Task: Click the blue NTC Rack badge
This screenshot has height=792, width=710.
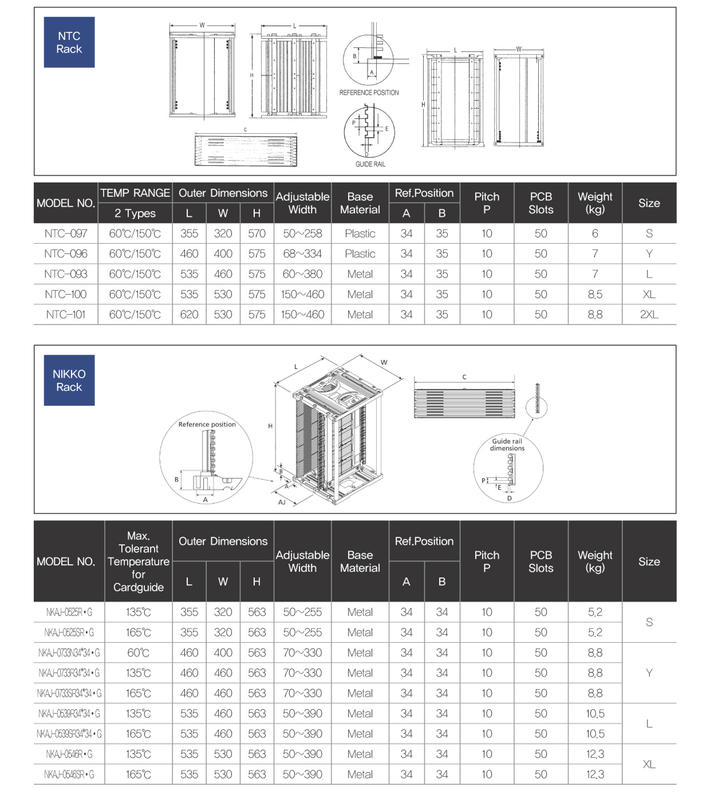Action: coord(69,42)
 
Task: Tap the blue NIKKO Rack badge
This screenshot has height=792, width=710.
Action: coord(69,380)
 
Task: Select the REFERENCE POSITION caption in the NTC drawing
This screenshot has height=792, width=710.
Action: coord(369,92)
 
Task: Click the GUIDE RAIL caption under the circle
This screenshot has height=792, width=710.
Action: coord(370,164)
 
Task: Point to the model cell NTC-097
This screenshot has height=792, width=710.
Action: coord(65,233)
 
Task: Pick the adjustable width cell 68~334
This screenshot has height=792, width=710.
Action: coord(302,254)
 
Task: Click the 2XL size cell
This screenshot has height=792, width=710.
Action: coord(649,314)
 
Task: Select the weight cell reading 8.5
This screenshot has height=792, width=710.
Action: coord(595,294)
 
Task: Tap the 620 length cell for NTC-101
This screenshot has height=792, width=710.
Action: coord(189,314)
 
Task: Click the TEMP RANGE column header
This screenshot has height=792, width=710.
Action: coord(135,193)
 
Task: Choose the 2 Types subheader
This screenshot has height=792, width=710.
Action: coord(135,213)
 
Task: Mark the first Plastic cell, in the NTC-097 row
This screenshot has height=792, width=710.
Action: coord(360,233)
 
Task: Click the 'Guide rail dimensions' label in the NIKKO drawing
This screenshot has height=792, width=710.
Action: coord(507,444)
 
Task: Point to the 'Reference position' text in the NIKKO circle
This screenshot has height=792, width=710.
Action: coord(207,424)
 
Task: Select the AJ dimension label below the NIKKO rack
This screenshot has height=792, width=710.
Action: coord(282,502)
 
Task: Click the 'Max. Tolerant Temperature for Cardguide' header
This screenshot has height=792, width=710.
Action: coord(139,561)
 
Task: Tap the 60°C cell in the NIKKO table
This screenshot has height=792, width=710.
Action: coord(139,652)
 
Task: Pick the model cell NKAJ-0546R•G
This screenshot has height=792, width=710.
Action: coord(69,754)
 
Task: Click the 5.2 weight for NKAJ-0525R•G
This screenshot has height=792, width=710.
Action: coord(595,612)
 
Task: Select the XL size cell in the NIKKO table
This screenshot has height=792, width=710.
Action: coord(649,764)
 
